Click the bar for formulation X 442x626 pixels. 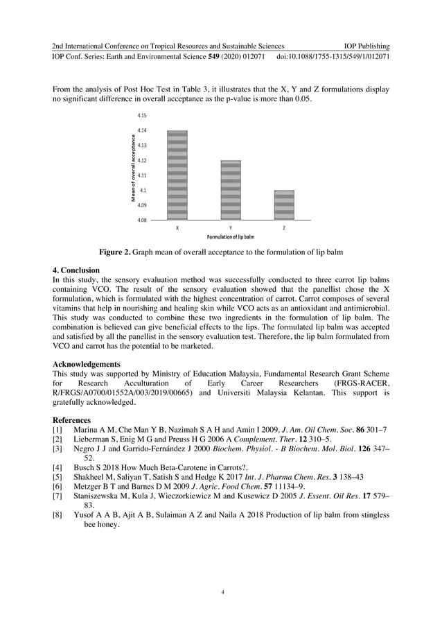pos(177,175)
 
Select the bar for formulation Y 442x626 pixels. pos(231,190)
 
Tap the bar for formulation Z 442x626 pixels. pos(284,205)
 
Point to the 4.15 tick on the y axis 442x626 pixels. pos(142,115)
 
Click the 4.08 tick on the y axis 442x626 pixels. pos(142,220)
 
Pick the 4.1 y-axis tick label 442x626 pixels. pos(143,190)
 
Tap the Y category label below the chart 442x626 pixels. pos(231,228)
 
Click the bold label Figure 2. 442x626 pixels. pos(117,251)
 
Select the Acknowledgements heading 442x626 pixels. pos(87,363)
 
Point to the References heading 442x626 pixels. pos(71,420)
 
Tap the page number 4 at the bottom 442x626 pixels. pos(222,591)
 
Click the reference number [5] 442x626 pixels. pos(58,477)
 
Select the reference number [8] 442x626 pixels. pos(58,515)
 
